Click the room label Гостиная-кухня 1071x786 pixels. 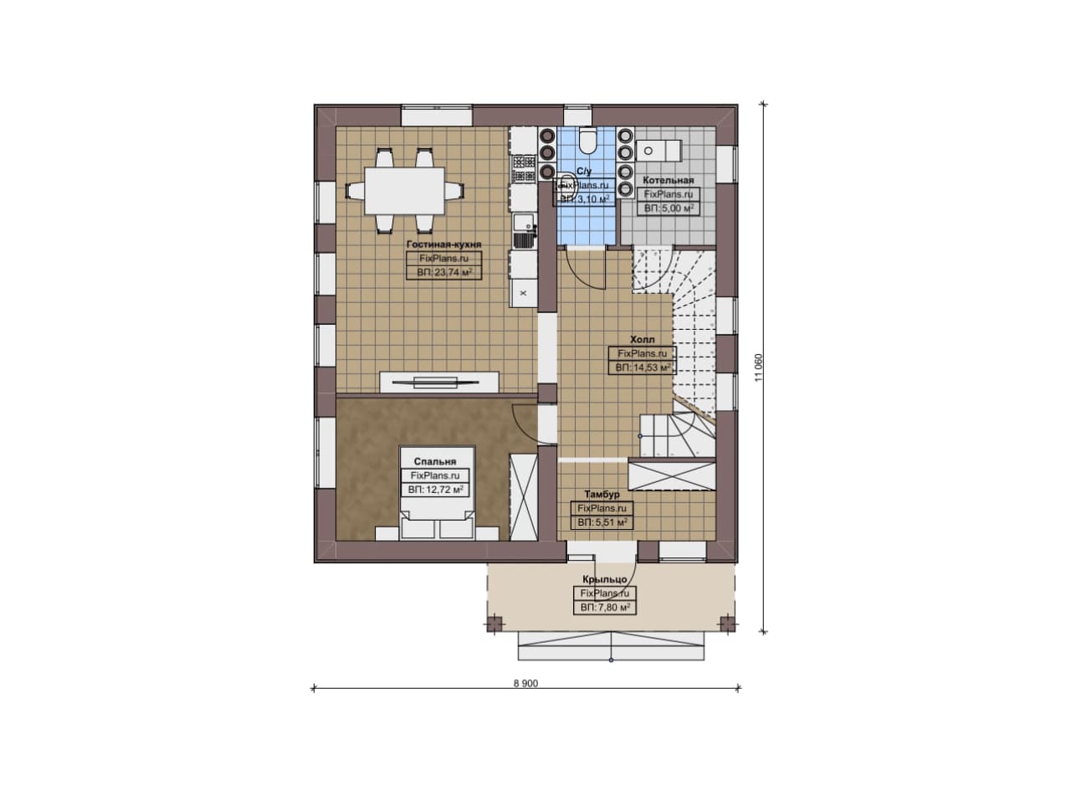tap(443, 244)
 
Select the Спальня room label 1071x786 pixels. tap(435, 462)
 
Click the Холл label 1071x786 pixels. tap(643, 340)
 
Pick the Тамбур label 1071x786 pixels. tap(602, 494)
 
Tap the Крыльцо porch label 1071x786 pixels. tap(605, 579)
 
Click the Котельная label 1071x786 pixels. tap(669, 180)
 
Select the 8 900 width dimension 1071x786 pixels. tap(526, 684)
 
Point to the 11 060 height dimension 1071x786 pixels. tap(759, 367)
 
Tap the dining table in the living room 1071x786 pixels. tap(404, 190)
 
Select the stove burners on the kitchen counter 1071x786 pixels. tap(524, 169)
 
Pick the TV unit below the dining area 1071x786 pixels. tap(439, 383)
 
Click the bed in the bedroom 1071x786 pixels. tap(438, 493)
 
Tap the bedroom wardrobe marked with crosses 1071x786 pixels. tap(524, 497)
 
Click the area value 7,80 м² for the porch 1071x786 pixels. tap(605, 608)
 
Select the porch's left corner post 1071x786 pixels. tap(495, 624)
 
